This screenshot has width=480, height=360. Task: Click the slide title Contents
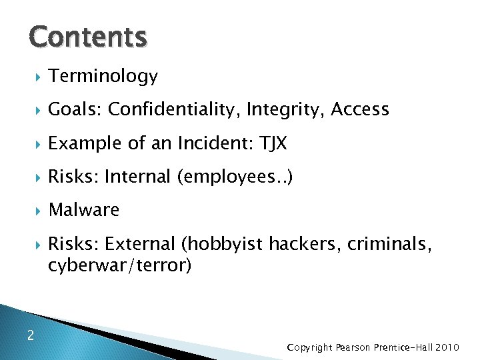click(87, 37)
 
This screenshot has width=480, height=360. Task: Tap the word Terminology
click(103, 77)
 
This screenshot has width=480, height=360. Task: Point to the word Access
click(360, 109)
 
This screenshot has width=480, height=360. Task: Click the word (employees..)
click(237, 177)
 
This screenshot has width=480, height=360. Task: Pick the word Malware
click(84, 210)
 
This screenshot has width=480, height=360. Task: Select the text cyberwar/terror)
click(120, 265)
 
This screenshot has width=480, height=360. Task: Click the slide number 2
click(31, 335)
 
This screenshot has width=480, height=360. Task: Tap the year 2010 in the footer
click(449, 347)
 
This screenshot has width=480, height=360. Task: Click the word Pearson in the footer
click(355, 347)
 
